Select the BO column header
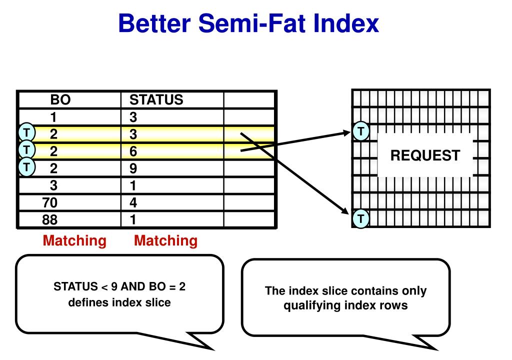click(60, 99)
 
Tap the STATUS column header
click(156, 99)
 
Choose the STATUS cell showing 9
click(133, 168)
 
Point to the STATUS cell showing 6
click(133, 151)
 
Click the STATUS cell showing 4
click(133, 202)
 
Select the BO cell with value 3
click(53, 185)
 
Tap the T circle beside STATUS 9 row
click(26, 166)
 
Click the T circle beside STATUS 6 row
click(26, 149)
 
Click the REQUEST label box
click(424, 155)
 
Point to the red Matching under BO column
click(74, 241)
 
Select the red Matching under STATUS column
click(165, 241)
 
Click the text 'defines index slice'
click(119, 302)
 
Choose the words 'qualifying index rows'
click(345, 305)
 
